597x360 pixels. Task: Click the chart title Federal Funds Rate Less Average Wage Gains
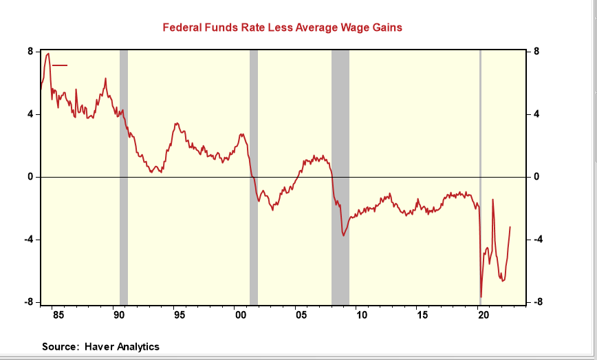tap(282, 28)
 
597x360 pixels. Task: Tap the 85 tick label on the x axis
tap(58, 316)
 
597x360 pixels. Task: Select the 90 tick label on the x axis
tap(118, 316)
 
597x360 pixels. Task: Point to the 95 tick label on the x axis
tap(179, 316)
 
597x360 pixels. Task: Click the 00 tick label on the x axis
tap(240, 316)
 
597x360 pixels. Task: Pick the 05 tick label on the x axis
tap(301, 316)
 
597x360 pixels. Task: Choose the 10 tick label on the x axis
tap(361, 316)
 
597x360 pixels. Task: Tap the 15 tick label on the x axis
tap(422, 316)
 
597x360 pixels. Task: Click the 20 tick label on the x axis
tap(483, 316)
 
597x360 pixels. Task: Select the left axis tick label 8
tap(31, 51)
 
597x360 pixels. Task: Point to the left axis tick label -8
tap(30, 302)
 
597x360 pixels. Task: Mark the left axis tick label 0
tap(31, 177)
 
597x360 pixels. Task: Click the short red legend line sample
tap(60, 65)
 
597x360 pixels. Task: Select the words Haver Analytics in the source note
tap(122, 346)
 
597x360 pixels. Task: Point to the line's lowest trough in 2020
tap(481, 297)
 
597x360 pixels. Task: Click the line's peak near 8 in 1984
tap(47, 53)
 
